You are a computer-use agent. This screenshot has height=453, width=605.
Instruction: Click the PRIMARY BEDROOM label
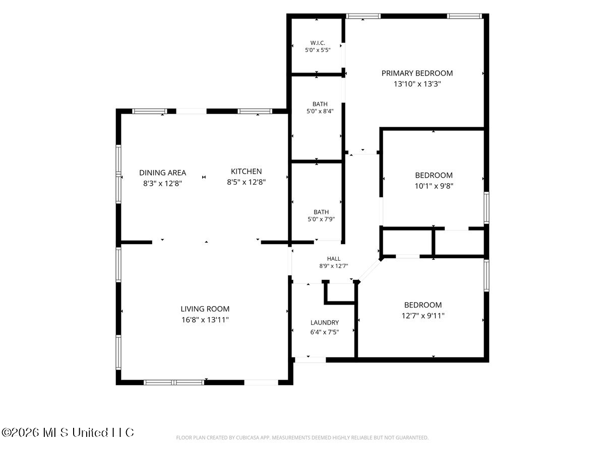(x=417, y=73)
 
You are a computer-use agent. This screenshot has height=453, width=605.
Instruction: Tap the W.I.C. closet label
(x=318, y=43)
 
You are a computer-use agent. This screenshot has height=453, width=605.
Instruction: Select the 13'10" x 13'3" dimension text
(x=417, y=84)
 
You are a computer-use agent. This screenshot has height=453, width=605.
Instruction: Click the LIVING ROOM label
(x=205, y=309)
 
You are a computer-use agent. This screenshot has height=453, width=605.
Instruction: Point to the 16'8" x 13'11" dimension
(x=205, y=320)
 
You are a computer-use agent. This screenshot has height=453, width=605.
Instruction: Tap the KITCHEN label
(x=246, y=171)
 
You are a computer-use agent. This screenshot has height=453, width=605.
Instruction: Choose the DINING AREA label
(x=162, y=173)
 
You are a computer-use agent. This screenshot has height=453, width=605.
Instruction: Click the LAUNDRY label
(x=324, y=322)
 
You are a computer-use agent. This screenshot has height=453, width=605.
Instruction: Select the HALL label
(x=334, y=259)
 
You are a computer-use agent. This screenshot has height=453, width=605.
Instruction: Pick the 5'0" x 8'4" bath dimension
(x=320, y=111)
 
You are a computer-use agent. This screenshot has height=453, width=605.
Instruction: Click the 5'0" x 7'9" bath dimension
(x=321, y=219)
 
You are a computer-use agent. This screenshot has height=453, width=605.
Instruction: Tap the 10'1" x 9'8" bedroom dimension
(x=434, y=186)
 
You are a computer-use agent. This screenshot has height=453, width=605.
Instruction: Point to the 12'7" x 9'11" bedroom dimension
(x=423, y=316)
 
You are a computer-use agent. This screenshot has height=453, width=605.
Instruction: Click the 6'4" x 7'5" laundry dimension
(x=324, y=332)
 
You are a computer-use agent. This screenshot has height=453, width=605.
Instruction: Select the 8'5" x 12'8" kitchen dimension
(x=246, y=182)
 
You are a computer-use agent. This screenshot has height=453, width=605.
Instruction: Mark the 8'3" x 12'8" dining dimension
(x=162, y=183)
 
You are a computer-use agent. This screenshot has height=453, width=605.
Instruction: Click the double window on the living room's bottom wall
(x=174, y=383)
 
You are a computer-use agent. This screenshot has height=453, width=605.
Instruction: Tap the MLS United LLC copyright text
(x=68, y=433)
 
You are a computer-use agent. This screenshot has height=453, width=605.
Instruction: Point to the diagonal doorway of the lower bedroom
(x=370, y=271)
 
